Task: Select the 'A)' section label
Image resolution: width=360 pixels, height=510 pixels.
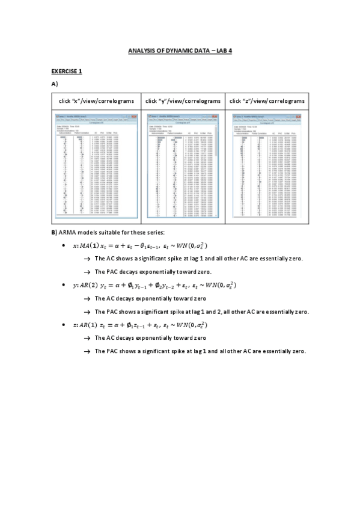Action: pyautogui.click(x=55, y=85)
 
